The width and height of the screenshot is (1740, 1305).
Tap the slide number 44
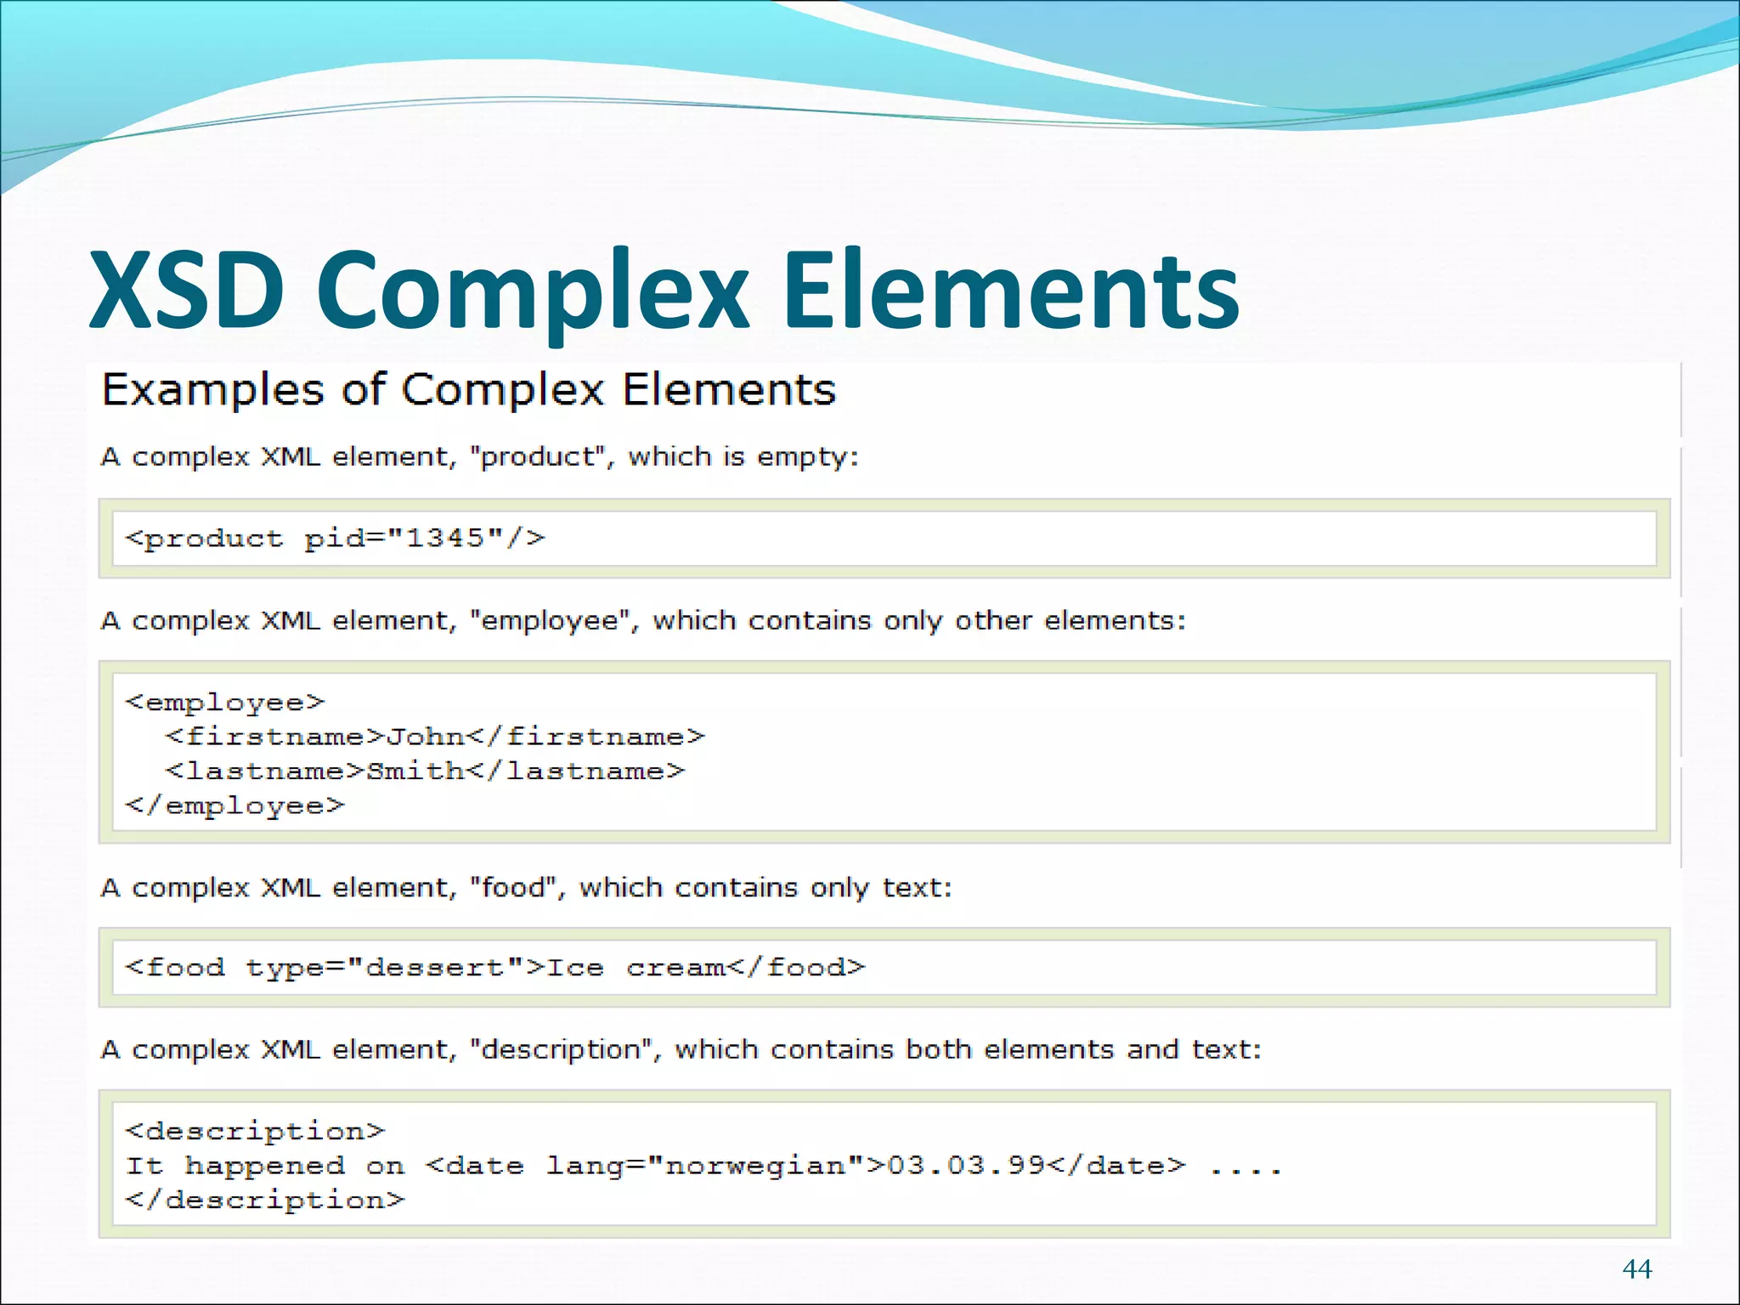pos(1636,1268)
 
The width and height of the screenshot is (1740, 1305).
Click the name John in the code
pos(425,736)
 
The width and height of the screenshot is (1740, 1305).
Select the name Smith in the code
pos(415,771)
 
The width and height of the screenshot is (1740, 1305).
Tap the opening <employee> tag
pos(225,702)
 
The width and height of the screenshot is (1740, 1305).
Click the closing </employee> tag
pos(235,805)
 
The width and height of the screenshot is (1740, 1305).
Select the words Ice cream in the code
pos(636,967)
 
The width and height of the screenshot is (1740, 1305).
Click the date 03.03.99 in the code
pos(965,1165)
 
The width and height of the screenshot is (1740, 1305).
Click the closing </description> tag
pos(265,1200)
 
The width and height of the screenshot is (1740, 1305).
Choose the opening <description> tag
pos(255,1131)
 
